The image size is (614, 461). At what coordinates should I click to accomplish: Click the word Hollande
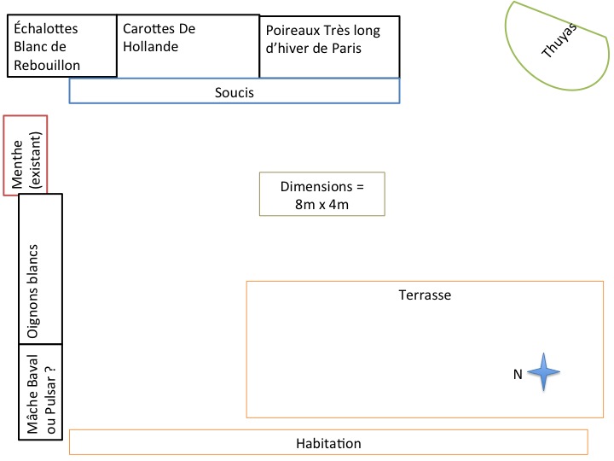151,47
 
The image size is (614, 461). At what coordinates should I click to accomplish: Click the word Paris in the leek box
345,49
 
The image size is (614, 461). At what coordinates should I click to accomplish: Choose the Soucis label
235,91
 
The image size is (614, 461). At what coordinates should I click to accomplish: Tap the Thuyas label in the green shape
559,40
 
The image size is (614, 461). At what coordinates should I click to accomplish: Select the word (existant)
36,160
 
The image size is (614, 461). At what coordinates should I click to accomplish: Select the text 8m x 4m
321,205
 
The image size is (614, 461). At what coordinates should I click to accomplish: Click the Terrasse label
424,295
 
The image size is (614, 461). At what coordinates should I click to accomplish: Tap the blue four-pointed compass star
543,372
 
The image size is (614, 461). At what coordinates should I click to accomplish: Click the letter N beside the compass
517,373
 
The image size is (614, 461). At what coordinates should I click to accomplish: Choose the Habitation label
328,443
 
